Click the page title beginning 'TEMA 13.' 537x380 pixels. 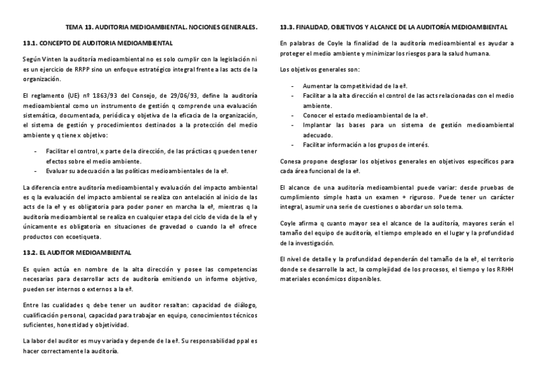coord(161,28)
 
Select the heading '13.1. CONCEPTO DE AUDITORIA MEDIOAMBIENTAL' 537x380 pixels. coord(97,43)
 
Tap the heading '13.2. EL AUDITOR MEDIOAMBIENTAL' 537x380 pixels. coord(77,252)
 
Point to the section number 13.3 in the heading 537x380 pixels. coord(288,28)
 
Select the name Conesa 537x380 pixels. coord(291,161)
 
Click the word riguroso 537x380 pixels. coord(409,197)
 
